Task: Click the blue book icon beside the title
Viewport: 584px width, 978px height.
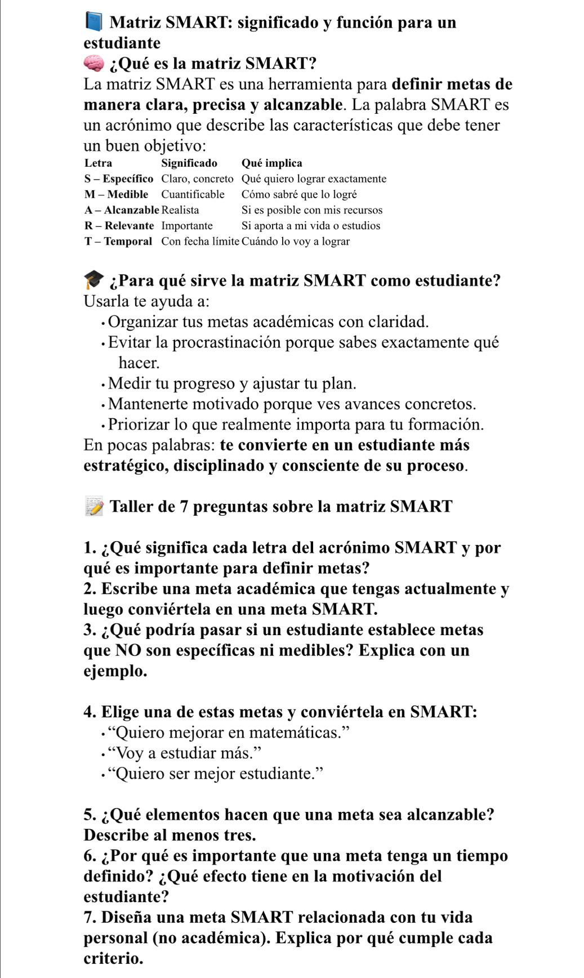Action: [x=93, y=22]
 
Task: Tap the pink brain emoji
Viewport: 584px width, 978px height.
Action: [x=94, y=63]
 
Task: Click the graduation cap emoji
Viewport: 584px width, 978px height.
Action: [x=94, y=280]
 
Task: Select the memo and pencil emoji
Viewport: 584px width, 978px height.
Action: [x=94, y=506]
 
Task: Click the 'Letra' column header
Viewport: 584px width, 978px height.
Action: [x=98, y=163]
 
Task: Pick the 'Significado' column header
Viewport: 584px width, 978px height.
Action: [x=189, y=163]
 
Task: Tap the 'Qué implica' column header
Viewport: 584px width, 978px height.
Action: [x=271, y=163]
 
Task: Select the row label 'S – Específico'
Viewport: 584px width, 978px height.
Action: [x=119, y=179]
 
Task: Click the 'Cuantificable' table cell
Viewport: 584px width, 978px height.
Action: [x=193, y=195]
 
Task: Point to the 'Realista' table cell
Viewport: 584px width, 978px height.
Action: [x=180, y=210]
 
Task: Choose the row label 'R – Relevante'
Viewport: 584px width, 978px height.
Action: [x=119, y=226]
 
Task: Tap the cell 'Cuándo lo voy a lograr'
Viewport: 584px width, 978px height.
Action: [x=296, y=242]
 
